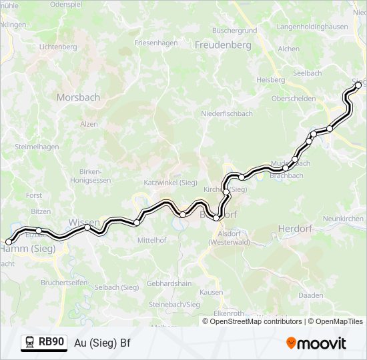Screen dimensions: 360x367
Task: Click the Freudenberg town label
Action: [223, 45]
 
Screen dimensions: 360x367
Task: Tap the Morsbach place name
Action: [78, 97]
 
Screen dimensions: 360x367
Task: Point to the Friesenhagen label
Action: [156, 43]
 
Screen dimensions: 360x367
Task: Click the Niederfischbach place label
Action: [227, 113]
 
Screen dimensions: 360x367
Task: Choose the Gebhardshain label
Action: [169, 283]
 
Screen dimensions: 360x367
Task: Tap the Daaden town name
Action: [311, 295]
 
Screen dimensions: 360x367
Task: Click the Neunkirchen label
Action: [343, 219]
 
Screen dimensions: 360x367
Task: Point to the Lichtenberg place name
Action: [59, 47]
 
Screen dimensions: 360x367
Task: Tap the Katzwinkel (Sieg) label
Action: [170, 182]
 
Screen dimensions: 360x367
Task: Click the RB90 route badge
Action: [51, 342]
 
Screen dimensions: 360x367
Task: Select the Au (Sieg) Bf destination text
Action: [101, 343]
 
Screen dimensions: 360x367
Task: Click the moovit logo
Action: [316, 343]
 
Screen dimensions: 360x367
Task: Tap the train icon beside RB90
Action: [29, 343]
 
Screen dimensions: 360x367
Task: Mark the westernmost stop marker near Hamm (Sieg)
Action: [9, 242]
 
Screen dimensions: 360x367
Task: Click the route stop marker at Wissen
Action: [87, 227]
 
